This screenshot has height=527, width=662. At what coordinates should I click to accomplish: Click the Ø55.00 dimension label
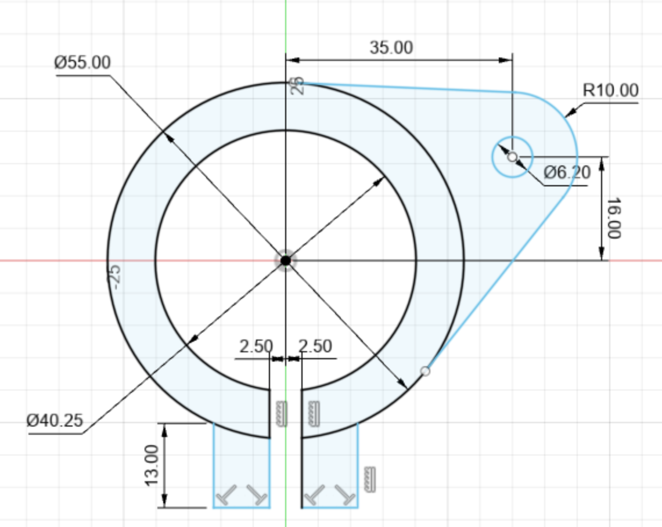coord(82,63)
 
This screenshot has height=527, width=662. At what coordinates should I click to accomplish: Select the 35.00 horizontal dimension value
coord(391,48)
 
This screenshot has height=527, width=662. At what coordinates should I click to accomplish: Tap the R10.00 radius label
coord(610,91)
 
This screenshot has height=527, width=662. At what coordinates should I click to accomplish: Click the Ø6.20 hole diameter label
coord(567,172)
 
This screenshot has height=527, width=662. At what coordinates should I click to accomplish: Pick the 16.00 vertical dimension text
coord(613,218)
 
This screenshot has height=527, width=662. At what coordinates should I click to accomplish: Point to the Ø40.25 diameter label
coord(55,420)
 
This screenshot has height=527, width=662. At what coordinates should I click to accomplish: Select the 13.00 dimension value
coord(151,465)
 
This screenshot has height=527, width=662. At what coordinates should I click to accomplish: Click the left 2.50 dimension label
coord(256,346)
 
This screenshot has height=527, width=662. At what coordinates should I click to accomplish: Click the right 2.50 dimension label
coord(315,346)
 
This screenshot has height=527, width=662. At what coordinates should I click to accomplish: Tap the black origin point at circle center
coord(285,261)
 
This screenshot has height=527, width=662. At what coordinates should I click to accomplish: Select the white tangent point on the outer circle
coord(425,371)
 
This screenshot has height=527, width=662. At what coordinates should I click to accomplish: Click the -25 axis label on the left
coord(115,276)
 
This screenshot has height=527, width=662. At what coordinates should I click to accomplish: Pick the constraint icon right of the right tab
coord(370,480)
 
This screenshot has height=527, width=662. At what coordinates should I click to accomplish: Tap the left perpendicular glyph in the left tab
coord(227,495)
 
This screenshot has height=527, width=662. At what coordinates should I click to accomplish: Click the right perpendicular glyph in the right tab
coord(347,495)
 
